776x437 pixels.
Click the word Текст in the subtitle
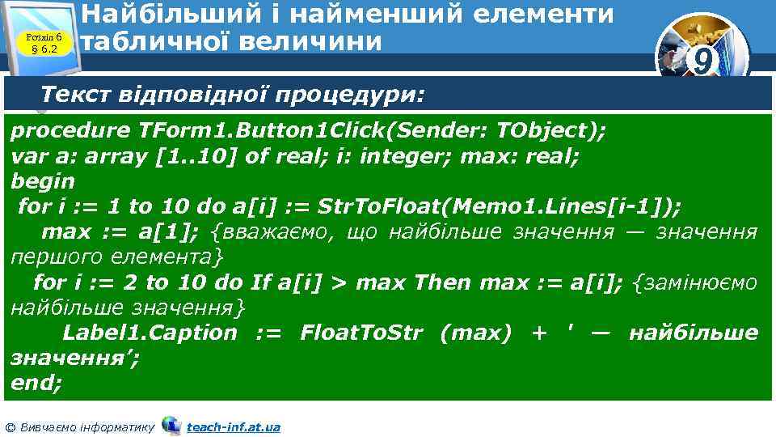75,95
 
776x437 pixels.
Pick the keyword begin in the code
42,180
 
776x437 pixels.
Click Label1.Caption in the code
150,333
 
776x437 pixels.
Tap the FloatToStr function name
361,333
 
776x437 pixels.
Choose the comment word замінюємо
696,282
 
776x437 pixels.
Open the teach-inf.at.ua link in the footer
233,426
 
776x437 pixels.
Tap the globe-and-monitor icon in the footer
171,425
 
